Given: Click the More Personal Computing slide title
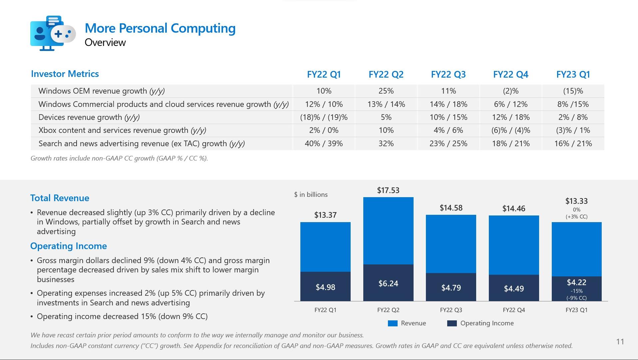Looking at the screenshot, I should [160, 28].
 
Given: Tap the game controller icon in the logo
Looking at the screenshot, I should [63, 34].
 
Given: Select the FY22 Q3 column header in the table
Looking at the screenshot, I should [448, 74].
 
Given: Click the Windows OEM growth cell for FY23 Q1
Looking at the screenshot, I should [573, 91].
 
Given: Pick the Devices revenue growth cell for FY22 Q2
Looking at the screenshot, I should [386, 117].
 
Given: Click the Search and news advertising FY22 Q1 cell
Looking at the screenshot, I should [324, 144].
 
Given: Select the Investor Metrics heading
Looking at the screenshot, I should [65, 74].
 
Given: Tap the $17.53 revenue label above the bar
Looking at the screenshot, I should [388, 190].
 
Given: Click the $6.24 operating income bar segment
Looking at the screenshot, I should [388, 283].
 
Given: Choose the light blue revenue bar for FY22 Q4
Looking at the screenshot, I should [513, 245].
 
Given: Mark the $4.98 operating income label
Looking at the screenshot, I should [325, 287].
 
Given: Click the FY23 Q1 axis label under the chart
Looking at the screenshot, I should [576, 310].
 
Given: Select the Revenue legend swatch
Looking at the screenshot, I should [393, 323].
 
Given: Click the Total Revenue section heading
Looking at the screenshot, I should [60, 198].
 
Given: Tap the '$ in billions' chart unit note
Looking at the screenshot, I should [311, 194].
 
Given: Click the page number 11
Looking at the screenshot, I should [620, 342].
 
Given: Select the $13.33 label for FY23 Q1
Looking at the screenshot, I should [576, 201].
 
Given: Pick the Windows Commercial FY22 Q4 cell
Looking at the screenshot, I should [510, 104].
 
